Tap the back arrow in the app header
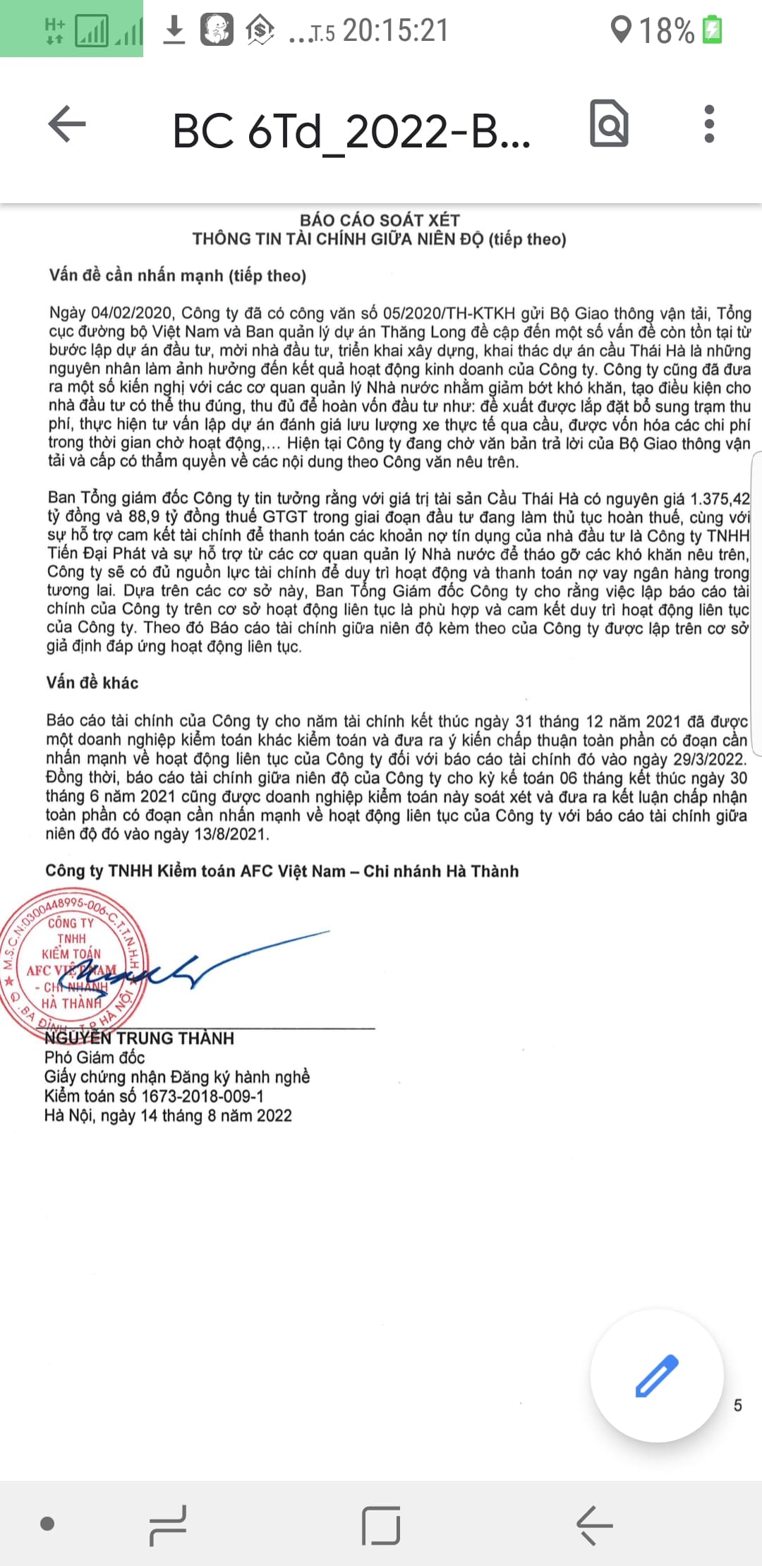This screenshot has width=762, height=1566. tap(67, 124)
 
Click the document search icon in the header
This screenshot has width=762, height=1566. tap(609, 124)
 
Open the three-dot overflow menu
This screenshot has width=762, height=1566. tap(709, 124)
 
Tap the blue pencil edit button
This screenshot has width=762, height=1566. tap(656, 1376)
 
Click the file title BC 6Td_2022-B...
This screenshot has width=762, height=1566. tap(351, 131)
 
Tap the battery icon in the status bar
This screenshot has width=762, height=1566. tap(713, 30)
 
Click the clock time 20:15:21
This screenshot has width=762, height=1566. tap(396, 30)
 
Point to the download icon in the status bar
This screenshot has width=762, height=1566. tap(174, 30)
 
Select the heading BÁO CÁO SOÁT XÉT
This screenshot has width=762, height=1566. tap(380, 220)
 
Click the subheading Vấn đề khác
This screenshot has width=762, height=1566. tap(92, 683)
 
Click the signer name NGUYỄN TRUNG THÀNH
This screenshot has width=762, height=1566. tap(140, 1038)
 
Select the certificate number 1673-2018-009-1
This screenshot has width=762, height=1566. tap(202, 1096)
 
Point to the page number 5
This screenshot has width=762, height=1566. tap(738, 1405)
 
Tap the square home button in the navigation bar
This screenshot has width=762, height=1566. tap(381, 1526)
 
